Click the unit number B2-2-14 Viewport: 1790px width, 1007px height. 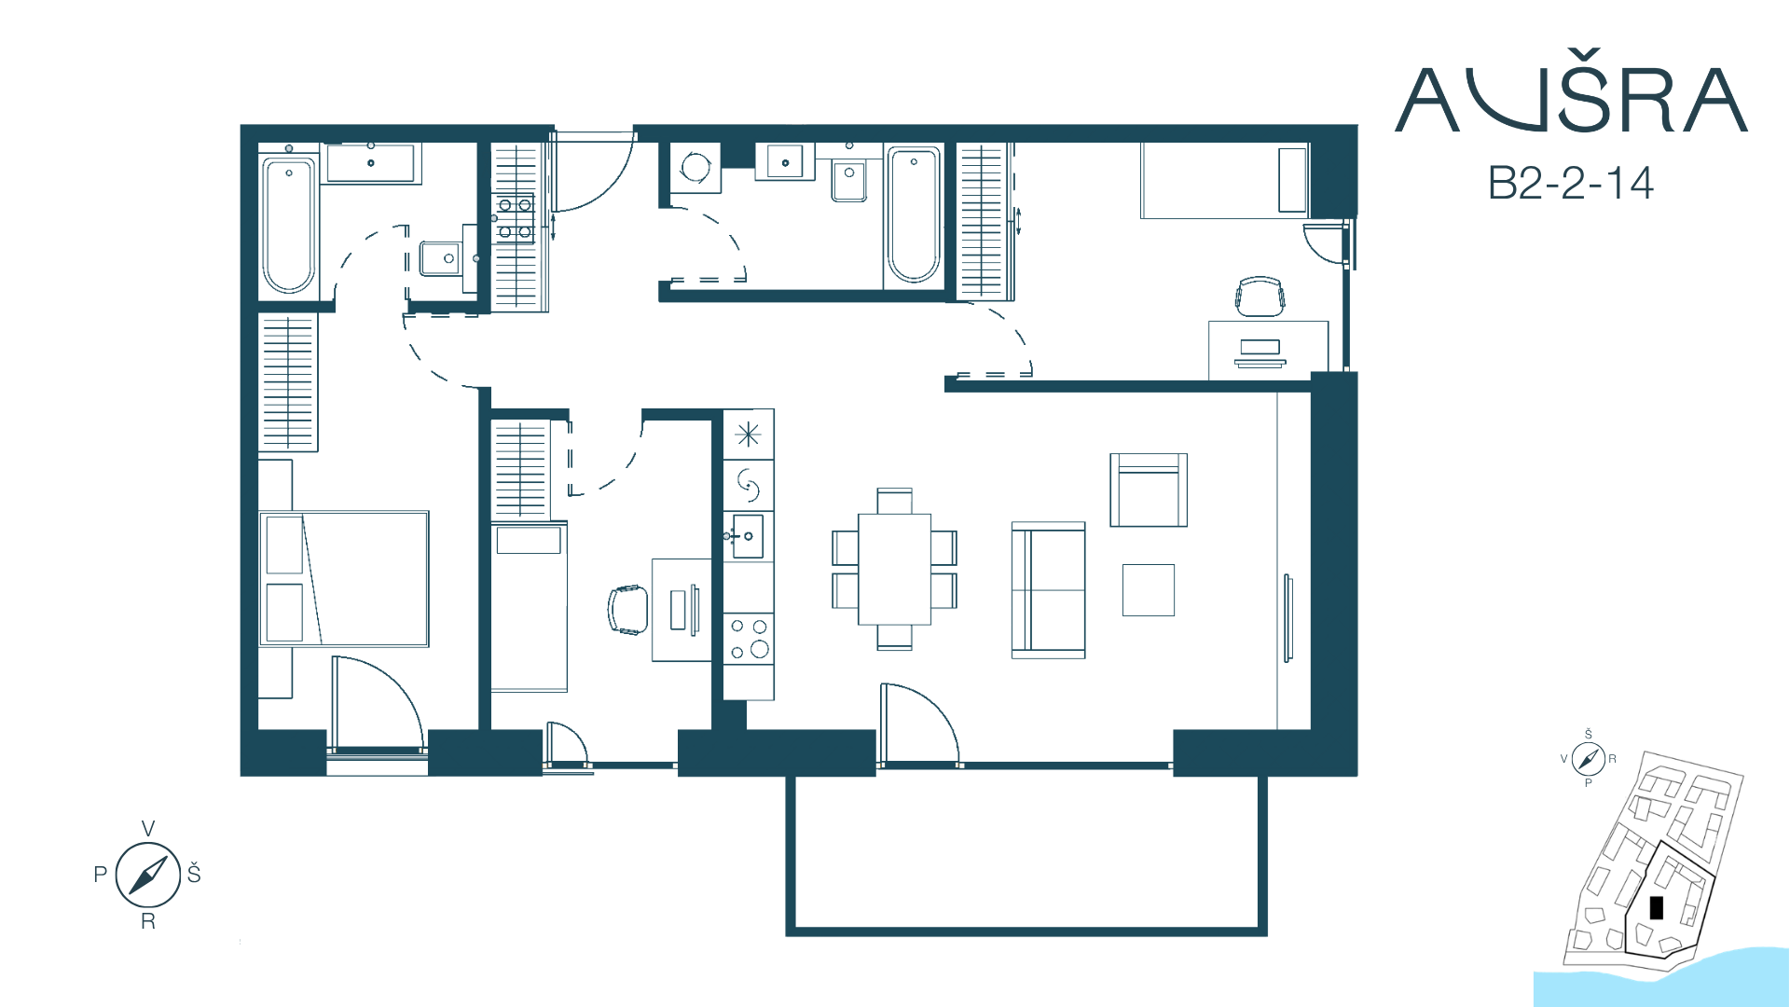[1571, 183]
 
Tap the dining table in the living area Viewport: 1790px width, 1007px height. [894, 569]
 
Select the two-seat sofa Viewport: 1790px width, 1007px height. [1049, 590]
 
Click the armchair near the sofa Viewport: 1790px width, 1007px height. [1149, 490]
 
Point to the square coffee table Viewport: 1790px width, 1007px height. [1149, 590]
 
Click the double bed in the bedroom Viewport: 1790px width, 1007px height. [344, 578]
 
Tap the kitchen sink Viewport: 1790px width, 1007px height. [748, 536]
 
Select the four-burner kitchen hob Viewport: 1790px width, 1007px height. [749, 638]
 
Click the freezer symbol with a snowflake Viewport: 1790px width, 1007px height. [748, 435]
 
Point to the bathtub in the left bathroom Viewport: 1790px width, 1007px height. [289, 225]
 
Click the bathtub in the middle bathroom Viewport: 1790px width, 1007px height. [914, 214]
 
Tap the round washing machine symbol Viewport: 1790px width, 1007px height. [695, 168]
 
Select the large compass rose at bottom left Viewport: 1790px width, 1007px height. [148, 875]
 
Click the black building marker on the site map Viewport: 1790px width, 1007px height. [1657, 907]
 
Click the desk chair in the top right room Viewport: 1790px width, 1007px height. [1260, 296]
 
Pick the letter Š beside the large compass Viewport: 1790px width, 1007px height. [194, 873]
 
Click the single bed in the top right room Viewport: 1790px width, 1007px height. [1225, 180]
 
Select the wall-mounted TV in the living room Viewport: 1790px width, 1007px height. [1288, 618]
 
